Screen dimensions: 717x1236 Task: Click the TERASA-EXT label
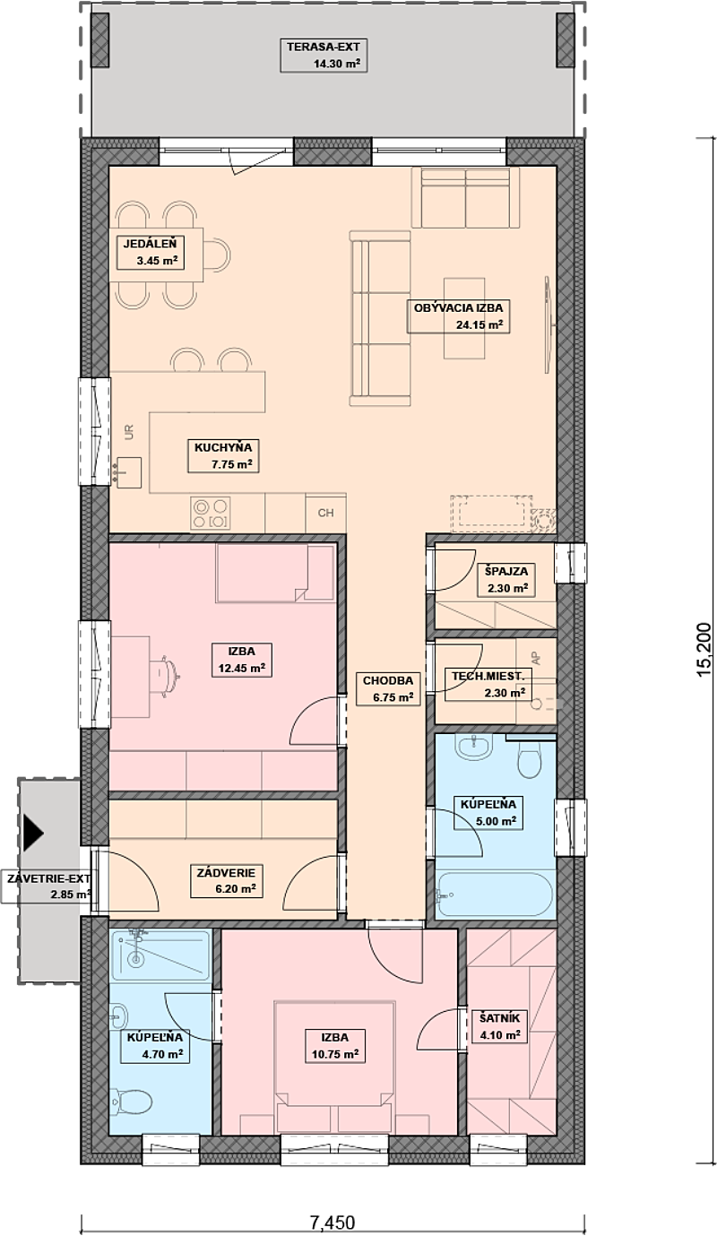point(324,56)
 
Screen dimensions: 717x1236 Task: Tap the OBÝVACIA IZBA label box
point(458,316)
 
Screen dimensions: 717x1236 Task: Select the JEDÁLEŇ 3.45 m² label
point(151,252)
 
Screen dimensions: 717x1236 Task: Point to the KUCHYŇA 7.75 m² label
point(223,456)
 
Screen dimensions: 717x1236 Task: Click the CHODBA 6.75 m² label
point(388,688)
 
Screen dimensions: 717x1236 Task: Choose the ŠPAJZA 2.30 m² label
point(506,579)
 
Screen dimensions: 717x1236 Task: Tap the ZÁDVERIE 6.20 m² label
point(227,881)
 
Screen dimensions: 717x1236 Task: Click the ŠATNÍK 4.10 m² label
point(500,1026)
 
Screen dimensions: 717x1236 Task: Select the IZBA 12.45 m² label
point(242,660)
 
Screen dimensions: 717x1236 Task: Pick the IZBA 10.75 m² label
point(335,1045)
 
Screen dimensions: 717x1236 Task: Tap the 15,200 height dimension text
point(704,650)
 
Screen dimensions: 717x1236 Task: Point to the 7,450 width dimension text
point(332,1223)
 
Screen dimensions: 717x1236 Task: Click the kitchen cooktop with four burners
point(211,514)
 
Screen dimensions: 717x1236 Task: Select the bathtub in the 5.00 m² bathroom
point(495,895)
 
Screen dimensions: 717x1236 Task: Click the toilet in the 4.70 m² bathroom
point(131,1102)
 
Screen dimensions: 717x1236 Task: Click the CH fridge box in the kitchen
point(325,513)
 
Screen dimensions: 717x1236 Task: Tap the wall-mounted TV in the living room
point(548,325)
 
